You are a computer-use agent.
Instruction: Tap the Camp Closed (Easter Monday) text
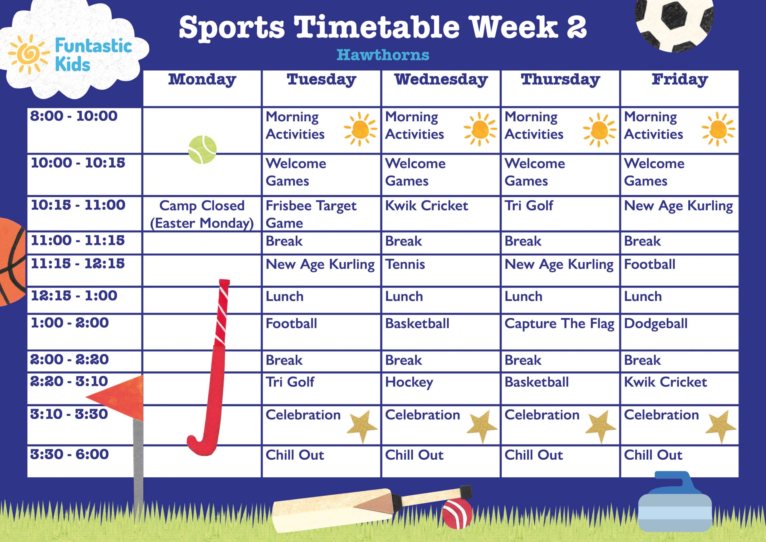202,214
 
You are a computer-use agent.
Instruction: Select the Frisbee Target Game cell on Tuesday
311,214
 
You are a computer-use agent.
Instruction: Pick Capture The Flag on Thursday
559,324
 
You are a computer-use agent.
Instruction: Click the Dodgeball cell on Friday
656,324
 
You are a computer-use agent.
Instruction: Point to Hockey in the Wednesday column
409,382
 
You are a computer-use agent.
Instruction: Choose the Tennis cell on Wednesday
405,265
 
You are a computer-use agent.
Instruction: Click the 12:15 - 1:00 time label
74,296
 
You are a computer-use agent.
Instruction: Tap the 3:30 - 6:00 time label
69,455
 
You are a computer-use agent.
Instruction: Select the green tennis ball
202,150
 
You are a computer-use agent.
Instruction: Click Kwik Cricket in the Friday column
665,382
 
